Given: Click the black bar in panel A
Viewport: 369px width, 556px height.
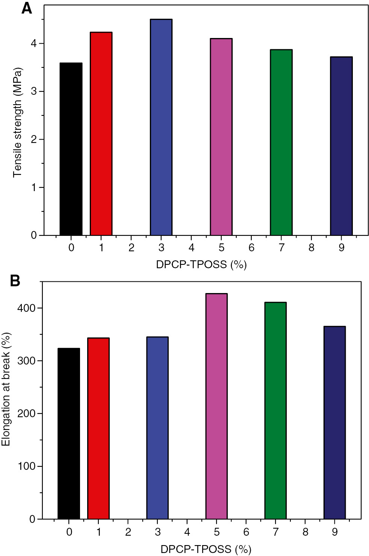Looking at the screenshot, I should (x=71, y=149).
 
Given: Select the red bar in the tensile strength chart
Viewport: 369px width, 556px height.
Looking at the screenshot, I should (x=101, y=134).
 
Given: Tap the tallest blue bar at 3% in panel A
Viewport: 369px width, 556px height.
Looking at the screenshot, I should (x=161, y=127).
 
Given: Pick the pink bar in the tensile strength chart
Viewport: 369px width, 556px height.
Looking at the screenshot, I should (x=221, y=137).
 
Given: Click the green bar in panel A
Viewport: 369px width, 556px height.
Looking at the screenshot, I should (x=281, y=142).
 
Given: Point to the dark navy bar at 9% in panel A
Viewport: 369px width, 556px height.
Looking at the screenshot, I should (x=342, y=146).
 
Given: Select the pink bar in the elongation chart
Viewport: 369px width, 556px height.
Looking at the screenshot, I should (x=216, y=406).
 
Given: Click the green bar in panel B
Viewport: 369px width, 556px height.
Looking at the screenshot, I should (x=275, y=410).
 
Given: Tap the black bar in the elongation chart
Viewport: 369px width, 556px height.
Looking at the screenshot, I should (x=69, y=433).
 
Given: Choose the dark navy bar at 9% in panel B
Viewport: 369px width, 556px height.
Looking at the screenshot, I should (x=335, y=422).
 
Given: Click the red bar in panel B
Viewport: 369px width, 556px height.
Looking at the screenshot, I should (x=98, y=428).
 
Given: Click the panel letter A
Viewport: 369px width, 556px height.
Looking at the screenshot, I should (x=27, y=8).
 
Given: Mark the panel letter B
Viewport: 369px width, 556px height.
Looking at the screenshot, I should (x=15, y=281).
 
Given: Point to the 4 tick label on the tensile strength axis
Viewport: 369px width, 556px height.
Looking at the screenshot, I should (x=34, y=44).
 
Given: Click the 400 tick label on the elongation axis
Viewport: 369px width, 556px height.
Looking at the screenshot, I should (x=26, y=308).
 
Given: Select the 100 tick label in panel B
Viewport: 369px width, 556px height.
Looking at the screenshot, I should (x=26, y=466).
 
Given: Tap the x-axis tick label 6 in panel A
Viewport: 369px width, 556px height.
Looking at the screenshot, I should (x=251, y=248).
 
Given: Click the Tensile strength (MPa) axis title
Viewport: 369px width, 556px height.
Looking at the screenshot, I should (x=17, y=122).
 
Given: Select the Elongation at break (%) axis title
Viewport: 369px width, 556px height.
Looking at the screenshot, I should (x=6, y=389).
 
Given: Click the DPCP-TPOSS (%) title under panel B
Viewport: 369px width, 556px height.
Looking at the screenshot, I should (x=206, y=549).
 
